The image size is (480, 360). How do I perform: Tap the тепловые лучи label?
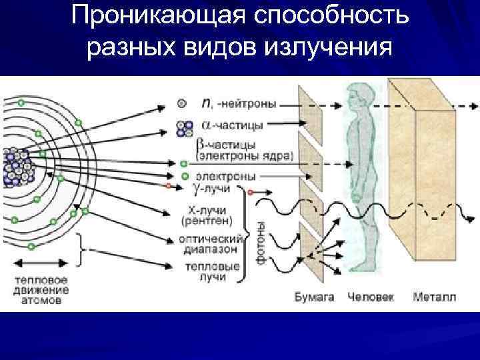(212, 271)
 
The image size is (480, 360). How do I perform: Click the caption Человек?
(370, 297)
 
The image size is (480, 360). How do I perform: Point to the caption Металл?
(435, 297)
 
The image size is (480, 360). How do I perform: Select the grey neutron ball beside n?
(182, 104)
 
